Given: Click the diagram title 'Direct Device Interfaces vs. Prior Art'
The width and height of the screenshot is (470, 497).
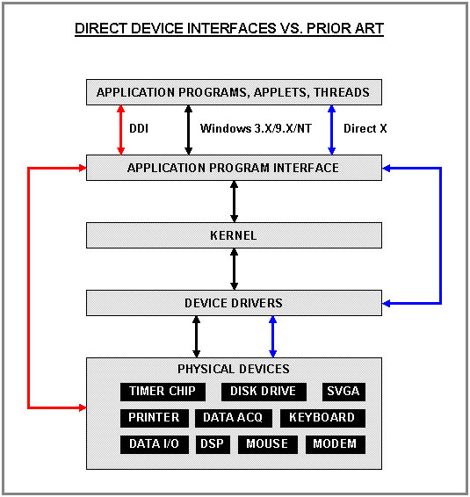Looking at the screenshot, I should pos(229,29).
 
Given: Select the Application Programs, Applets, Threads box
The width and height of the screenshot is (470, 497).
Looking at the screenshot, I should pos(234,92).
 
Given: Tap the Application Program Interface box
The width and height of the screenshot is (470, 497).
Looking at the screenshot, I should pos(234,168).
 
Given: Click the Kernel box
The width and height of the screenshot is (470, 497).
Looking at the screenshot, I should pos(234,235).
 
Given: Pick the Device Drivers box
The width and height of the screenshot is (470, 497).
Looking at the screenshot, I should pos(234,303).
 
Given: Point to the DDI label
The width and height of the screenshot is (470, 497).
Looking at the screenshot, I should pos(139,128).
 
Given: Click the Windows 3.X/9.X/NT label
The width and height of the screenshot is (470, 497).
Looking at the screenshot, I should pos(256,128).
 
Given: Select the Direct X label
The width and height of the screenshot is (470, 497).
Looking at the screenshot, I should pos(365,128).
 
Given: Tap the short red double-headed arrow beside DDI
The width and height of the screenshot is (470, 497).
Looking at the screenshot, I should pos(120,128).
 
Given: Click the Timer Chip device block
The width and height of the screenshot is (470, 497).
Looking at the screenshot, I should pos(163,392).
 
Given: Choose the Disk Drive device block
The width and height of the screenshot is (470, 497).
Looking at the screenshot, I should pos(264,392).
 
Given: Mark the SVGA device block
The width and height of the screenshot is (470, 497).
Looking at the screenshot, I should pos(343,392).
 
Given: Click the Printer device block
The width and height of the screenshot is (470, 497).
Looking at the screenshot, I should pos(154,418).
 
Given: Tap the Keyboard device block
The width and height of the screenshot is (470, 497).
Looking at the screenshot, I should pos(322,418).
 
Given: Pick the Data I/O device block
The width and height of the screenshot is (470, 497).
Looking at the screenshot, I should pos(154,444).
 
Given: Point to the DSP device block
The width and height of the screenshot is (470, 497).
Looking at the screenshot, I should pos(212,444).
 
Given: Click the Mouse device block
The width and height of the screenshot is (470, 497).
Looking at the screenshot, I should pos(267,444).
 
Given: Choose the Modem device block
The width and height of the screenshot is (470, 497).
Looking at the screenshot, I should pos(335,444).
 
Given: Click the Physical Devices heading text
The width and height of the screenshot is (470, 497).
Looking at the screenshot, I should pos(234,369).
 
